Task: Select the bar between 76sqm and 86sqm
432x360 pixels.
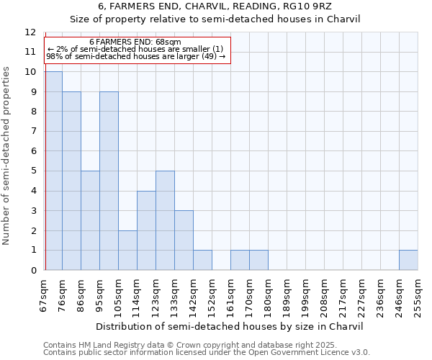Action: pyautogui.click(x=71, y=181)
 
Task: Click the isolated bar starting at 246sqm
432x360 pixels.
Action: pyautogui.click(x=408, y=260)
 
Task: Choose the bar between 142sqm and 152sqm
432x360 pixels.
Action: pyautogui.click(x=202, y=260)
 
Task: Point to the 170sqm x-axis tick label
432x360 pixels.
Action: pyautogui.click(x=250, y=296)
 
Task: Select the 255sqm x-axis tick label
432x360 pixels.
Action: pyautogui.click(x=418, y=296)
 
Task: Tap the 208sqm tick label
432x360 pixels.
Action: pyautogui.click(x=325, y=296)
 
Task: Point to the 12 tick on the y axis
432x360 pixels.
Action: pyautogui.click(x=30, y=32)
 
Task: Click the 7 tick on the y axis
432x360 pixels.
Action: pyautogui.click(x=33, y=132)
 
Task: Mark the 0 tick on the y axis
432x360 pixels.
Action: pyautogui.click(x=33, y=271)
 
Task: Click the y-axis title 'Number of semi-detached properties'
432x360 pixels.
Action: pyautogui.click(x=7, y=155)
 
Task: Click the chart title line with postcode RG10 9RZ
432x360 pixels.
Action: pyautogui.click(x=215, y=6)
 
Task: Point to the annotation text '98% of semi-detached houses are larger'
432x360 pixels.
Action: pyautogui.click(x=135, y=55)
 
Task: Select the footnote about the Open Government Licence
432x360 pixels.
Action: pyautogui.click(x=206, y=352)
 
